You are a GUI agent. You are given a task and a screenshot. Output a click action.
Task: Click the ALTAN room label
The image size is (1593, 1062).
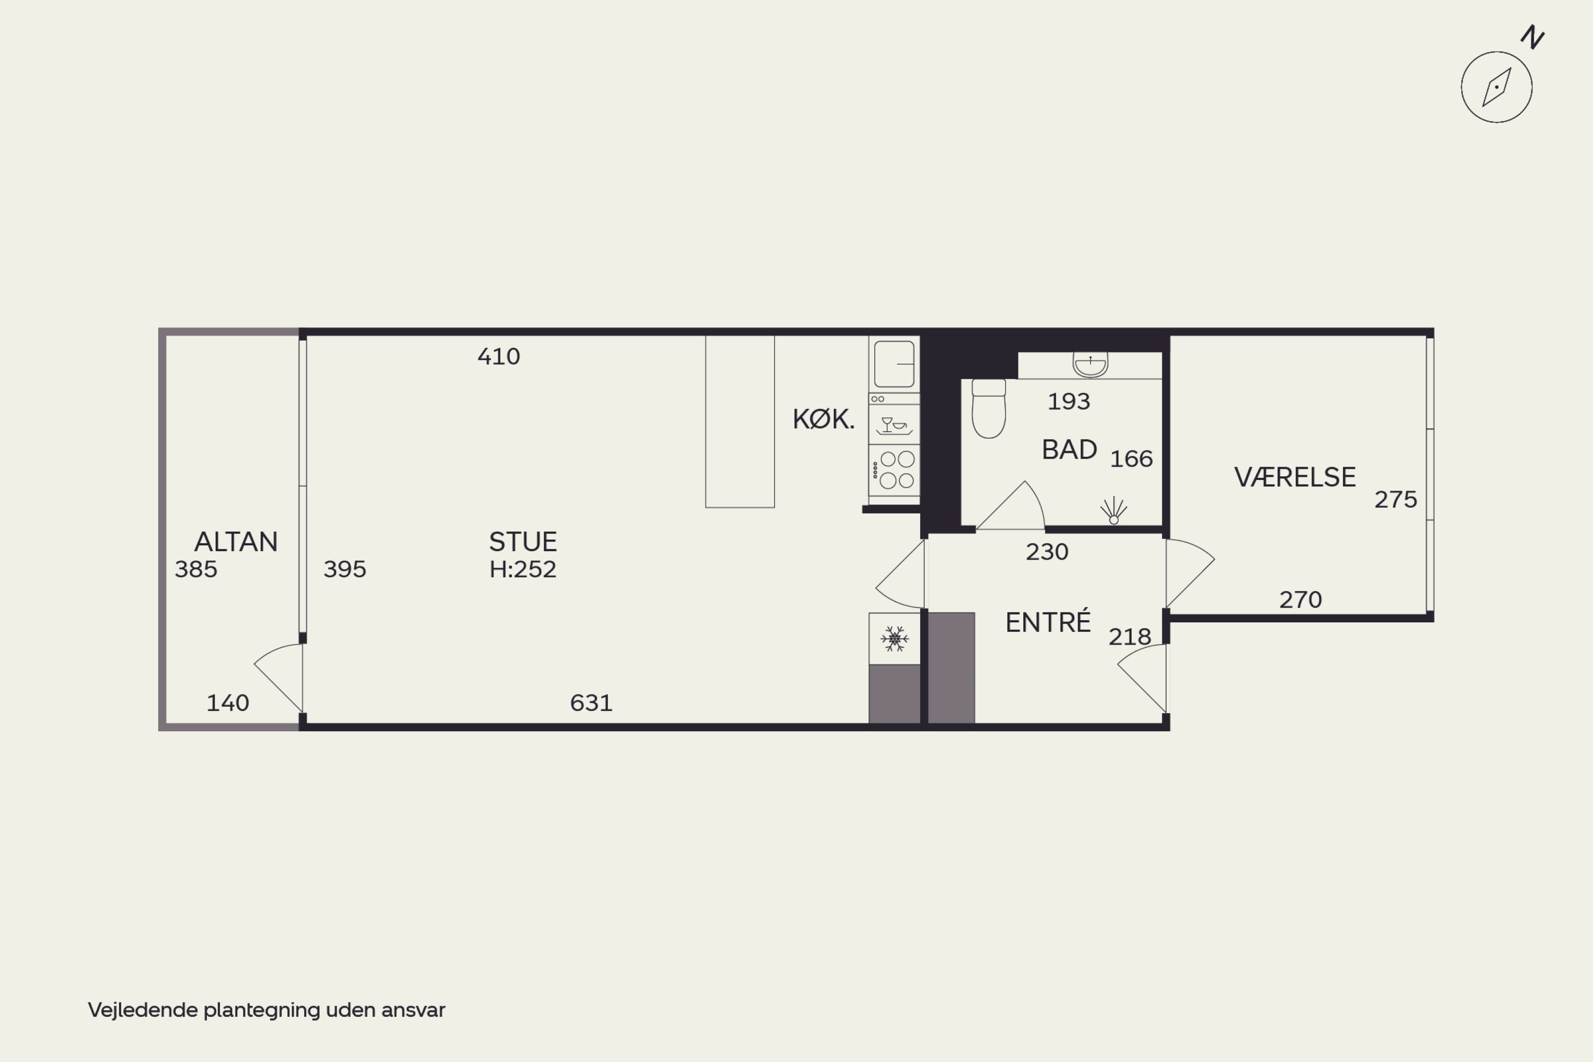236,542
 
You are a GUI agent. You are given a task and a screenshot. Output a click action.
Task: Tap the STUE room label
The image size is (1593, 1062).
523,542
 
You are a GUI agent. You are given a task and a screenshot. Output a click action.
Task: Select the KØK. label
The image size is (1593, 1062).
824,419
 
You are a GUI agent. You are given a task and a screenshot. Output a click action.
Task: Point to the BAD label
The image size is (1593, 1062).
1069,450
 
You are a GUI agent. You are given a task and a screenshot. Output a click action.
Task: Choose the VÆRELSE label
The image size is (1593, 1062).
1295,477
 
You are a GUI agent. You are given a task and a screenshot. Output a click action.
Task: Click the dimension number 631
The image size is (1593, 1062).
592,703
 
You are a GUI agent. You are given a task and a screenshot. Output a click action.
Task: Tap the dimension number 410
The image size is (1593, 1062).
499,356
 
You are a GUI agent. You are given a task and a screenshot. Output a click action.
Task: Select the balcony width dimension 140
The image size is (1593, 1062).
228,703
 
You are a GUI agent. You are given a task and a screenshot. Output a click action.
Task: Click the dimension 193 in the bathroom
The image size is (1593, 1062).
1069,401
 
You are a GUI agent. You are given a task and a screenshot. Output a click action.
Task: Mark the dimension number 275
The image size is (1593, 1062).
1395,500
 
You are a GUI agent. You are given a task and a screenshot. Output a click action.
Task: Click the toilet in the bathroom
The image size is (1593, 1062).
989,408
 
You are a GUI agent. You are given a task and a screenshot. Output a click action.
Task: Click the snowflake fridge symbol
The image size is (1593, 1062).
895,639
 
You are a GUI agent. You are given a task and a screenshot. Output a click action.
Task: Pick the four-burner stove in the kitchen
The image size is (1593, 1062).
894,470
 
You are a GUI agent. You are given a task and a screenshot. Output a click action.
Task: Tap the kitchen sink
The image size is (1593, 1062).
894,364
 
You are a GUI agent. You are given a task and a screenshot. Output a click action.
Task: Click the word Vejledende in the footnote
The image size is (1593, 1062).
143,1010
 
